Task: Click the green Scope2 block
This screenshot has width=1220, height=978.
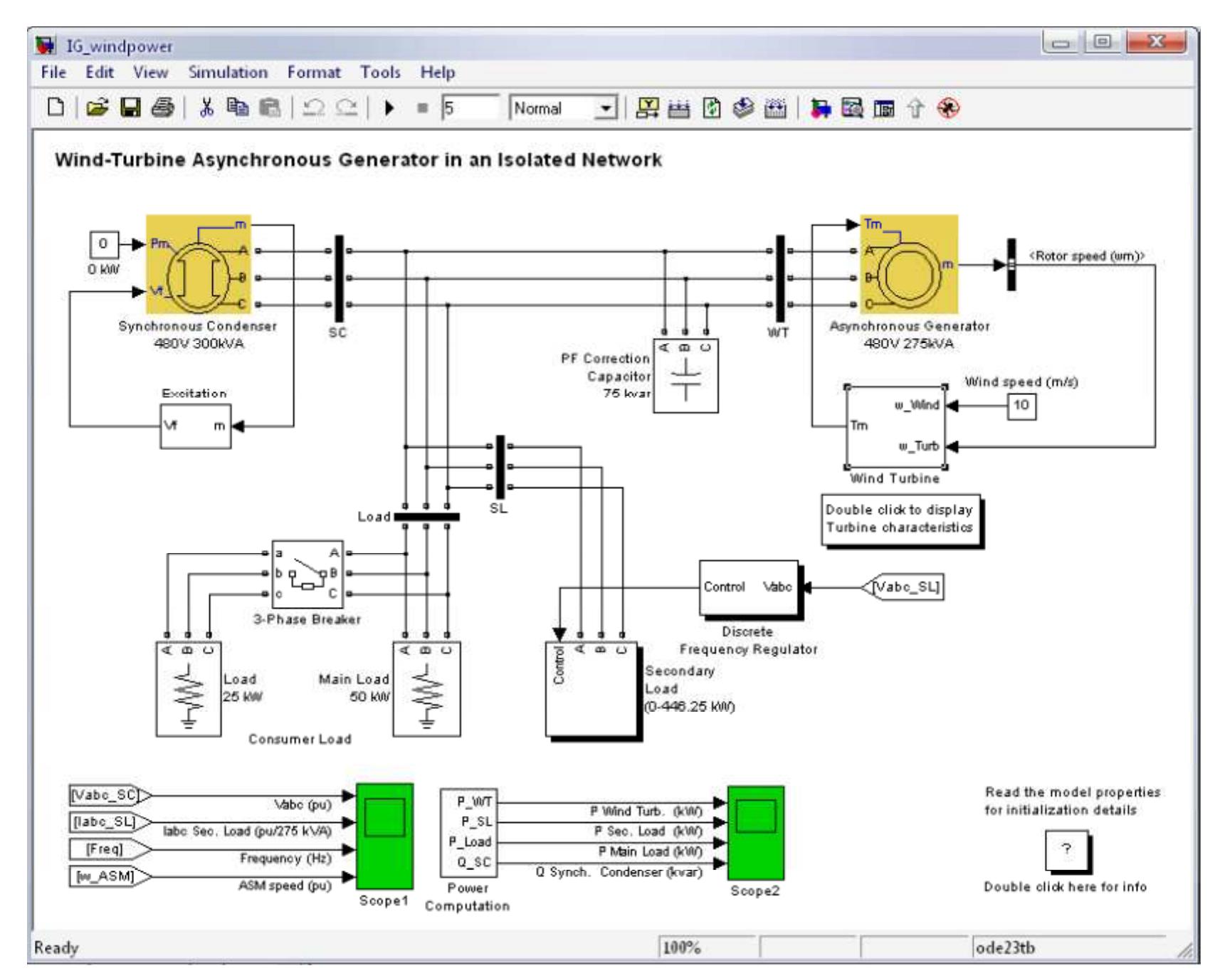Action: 755,833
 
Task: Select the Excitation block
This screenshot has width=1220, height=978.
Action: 195,426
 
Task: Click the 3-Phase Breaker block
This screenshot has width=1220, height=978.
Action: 307,573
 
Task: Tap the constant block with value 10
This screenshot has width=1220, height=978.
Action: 1021,406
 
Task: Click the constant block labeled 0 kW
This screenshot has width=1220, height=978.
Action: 103,245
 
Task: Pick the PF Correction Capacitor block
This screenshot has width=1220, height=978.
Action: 685,375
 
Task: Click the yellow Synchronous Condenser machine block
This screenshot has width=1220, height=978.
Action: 200,265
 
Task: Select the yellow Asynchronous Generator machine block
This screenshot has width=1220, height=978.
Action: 908,264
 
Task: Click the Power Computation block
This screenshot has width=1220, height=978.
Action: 467,833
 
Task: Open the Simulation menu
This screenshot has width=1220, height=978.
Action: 228,73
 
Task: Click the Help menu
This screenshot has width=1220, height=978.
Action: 437,73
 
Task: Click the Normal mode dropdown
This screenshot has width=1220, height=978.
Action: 562,109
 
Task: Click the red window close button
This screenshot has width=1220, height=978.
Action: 1157,44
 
